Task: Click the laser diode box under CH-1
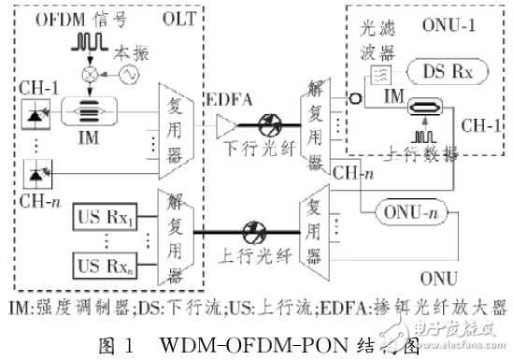pos(34,116)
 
